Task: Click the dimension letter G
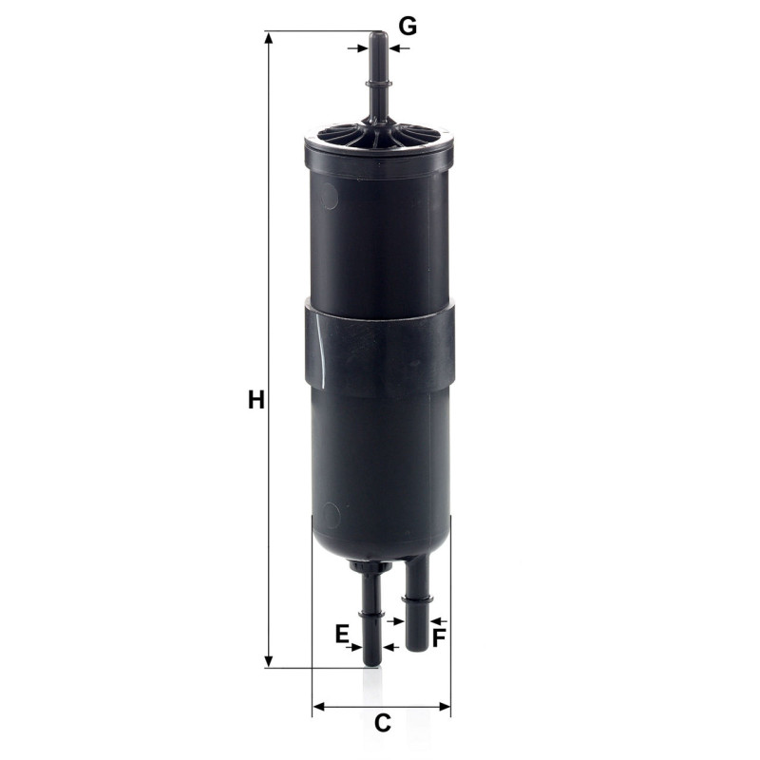point(408,27)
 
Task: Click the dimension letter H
point(256,400)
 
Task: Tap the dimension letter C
point(383,724)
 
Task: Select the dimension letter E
point(342,634)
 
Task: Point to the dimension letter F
point(438,637)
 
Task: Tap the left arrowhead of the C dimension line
point(318,706)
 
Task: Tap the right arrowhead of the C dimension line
point(445,706)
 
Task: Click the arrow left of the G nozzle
point(358,48)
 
